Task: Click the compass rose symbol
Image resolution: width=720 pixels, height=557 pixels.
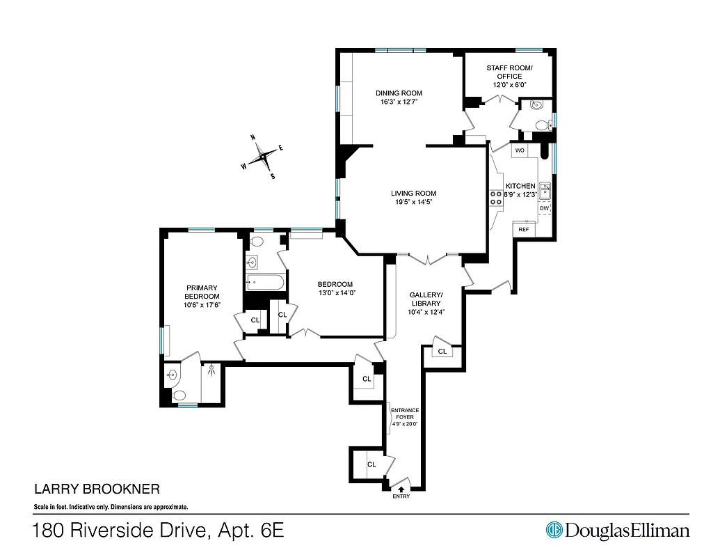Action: (x=262, y=157)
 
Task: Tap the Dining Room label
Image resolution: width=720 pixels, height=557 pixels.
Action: (x=399, y=93)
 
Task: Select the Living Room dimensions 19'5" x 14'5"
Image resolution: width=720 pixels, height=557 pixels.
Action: (x=413, y=203)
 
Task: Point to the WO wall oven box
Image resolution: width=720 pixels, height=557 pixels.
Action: (x=520, y=150)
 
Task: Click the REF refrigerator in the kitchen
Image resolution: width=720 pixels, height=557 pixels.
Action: (x=523, y=229)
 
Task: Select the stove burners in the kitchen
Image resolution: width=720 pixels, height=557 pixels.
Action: (x=496, y=198)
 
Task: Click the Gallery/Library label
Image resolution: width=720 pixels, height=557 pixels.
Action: (x=426, y=299)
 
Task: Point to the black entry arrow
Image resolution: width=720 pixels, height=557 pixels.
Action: (x=401, y=489)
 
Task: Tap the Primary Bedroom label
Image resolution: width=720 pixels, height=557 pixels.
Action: (x=202, y=292)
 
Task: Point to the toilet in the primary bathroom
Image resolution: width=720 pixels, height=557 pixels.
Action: (x=179, y=395)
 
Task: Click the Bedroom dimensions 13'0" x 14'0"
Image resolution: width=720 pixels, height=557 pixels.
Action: (x=335, y=293)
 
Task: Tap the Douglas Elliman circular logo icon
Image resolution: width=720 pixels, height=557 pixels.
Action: (x=554, y=530)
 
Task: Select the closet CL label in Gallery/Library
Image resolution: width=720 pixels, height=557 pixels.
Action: (x=442, y=352)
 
